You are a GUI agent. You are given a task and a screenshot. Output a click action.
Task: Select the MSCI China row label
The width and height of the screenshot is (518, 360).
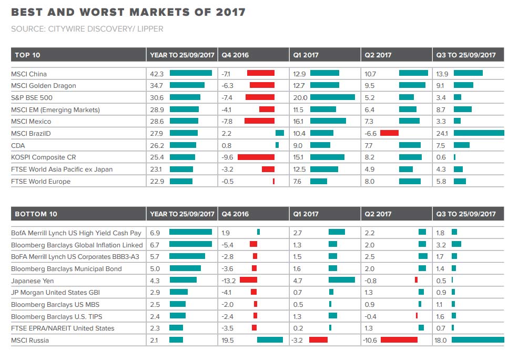pos(29,74)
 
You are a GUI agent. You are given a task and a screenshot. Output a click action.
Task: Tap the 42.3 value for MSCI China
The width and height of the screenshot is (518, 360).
pos(156,74)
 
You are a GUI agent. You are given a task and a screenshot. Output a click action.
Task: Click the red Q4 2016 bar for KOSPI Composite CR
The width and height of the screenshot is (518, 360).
pos(256,157)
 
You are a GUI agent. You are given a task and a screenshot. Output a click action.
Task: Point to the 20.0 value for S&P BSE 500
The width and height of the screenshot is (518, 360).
pos(300,98)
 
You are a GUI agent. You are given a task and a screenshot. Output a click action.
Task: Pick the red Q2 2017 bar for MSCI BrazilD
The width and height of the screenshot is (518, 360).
pos(389,134)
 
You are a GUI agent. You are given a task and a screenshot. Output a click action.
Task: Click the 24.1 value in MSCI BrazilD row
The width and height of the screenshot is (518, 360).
pos(441,134)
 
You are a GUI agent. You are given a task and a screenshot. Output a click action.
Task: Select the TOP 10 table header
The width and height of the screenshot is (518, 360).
pos(27,55)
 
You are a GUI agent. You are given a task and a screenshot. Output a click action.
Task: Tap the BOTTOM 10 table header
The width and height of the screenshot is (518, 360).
pos(36,214)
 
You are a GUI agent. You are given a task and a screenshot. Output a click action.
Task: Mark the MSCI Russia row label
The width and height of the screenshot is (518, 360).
pos(29,341)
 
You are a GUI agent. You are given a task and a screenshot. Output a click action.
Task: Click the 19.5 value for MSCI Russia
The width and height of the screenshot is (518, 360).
pos(228,341)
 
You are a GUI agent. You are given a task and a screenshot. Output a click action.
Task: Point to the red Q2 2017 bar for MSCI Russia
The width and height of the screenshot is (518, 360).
pos(399,341)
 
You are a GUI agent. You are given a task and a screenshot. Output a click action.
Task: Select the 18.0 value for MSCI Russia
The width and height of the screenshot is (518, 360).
pos(441,341)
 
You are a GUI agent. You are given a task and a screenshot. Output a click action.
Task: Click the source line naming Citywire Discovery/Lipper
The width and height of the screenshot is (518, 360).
pos(87,29)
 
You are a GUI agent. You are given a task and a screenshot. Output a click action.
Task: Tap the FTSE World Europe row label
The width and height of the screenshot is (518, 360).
pos(40,182)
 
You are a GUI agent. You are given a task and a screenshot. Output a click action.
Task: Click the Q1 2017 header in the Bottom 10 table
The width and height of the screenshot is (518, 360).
pos(306,214)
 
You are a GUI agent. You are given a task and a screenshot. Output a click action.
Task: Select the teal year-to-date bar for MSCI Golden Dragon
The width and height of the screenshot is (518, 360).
pos(187,86)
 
